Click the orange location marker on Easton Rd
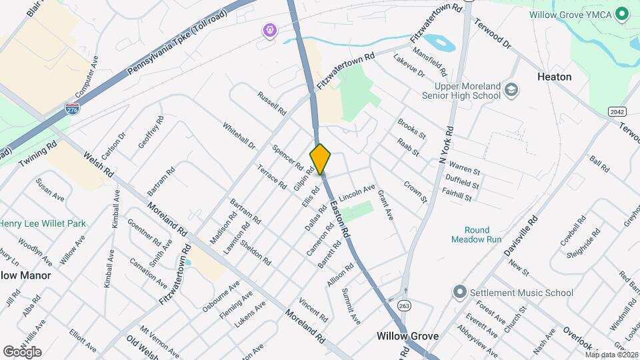click(320, 159)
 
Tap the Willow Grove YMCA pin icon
click(621, 13)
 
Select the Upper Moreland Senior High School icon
click(511, 90)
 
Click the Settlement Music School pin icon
click(459, 292)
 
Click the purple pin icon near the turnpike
click(269, 30)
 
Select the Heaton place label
click(554, 77)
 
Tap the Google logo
click(22, 351)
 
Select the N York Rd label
click(445, 145)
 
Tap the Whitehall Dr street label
click(239, 135)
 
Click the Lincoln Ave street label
click(357, 193)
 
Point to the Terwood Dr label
click(492, 33)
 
